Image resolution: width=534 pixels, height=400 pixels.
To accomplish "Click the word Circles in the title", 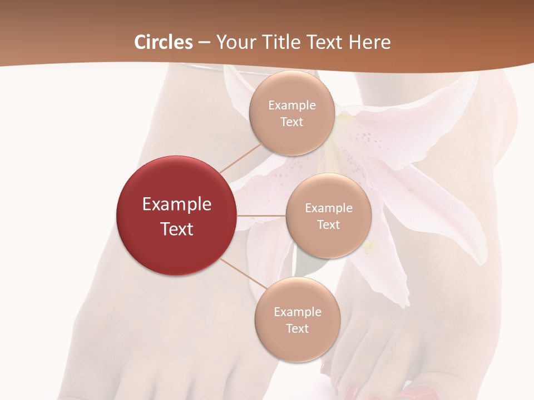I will pos(164,42).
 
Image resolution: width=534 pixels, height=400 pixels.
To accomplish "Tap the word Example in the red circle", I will pos(177,204).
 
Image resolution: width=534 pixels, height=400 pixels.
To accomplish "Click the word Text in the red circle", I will pos(177,229).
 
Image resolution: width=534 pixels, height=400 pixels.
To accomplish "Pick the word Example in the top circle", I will pos(292,106).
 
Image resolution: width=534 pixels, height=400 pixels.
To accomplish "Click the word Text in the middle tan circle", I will pos(328,224).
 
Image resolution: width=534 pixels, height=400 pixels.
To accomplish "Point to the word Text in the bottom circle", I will pos(297,328).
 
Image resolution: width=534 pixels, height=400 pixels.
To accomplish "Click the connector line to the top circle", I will pos(240,158).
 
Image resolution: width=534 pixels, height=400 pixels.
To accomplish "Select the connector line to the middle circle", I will pos(261,216).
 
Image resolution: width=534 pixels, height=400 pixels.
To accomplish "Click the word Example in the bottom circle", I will pos(297,312).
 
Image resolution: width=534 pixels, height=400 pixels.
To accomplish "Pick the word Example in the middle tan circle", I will pos(328,208).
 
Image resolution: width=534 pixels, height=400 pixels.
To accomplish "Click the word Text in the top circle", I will pos(291,122).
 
